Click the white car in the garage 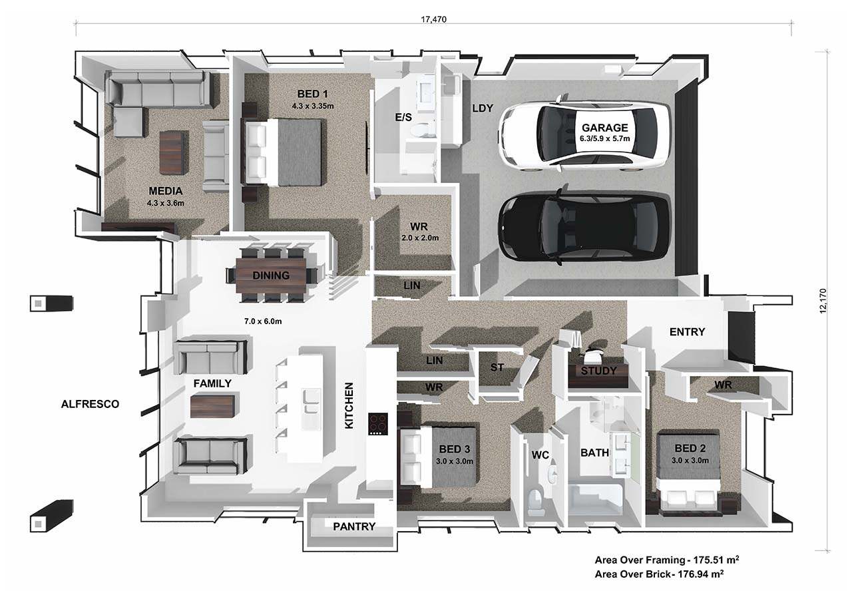click(584, 133)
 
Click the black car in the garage click(584, 226)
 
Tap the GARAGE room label click(605, 128)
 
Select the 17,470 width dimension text click(433, 19)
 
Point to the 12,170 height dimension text click(823, 301)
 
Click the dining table click(271, 276)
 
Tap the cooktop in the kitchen click(377, 424)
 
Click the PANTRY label click(354, 526)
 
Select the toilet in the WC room click(536, 502)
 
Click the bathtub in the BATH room click(596, 499)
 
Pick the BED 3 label click(455, 449)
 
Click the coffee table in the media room click(174, 153)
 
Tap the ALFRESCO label click(90, 404)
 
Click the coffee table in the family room click(212, 407)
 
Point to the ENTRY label click(687, 332)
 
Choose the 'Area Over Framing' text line click(667, 560)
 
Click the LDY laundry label click(483, 108)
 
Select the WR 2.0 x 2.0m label click(419, 232)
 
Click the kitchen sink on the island click(311, 401)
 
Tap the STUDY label click(598, 371)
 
